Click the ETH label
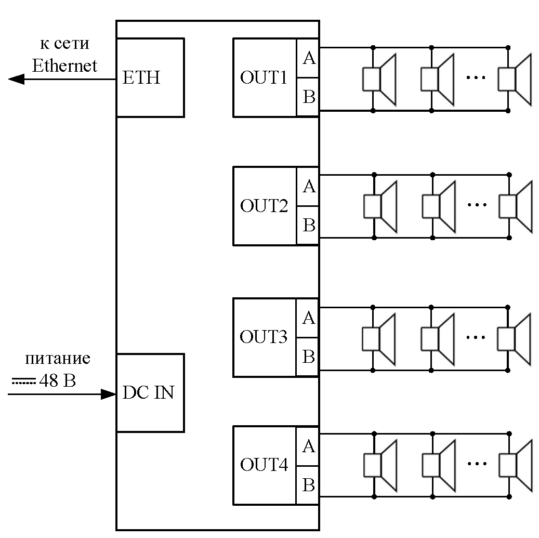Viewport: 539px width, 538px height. click(x=141, y=77)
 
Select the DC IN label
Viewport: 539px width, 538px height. click(x=148, y=392)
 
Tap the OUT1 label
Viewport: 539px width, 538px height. click(x=264, y=77)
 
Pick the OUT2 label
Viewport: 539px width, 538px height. click(x=264, y=205)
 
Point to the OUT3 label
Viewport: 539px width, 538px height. click(x=264, y=336)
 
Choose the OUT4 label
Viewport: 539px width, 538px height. click(x=264, y=464)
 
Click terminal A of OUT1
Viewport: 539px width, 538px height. click(x=309, y=58)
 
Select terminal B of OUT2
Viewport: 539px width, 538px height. click(x=309, y=225)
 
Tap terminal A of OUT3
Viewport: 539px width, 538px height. click(x=308, y=318)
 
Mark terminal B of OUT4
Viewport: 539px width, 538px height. click(x=308, y=485)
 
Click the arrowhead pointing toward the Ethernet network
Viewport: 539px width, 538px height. click(x=16, y=79)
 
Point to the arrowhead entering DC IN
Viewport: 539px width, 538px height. click(x=108, y=394)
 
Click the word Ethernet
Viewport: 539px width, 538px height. click(x=64, y=65)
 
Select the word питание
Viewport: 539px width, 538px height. click(x=58, y=358)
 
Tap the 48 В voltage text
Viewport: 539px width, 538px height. click(x=57, y=380)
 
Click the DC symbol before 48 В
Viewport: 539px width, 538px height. click(x=24, y=381)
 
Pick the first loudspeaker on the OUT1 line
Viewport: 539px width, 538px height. click(x=379, y=79)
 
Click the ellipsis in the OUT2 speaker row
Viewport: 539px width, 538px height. click(x=477, y=205)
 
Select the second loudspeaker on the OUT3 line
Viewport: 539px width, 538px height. click(x=438, y=339)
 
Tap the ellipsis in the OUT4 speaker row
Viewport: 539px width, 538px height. click(x=477, y=463)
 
